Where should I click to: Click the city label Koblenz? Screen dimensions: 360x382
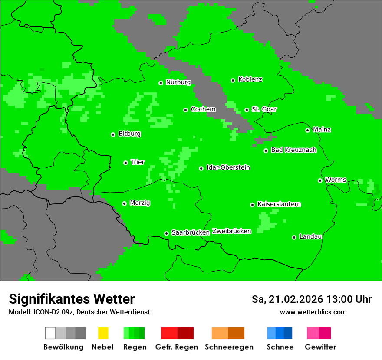[250, 80]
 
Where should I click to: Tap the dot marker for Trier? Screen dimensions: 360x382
[125, 163]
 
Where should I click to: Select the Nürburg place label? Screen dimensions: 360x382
[178, 82]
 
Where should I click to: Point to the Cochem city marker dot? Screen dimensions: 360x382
[185, 110]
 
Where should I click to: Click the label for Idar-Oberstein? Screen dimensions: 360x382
[228, 168]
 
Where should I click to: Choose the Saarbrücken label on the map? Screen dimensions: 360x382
[191, 232]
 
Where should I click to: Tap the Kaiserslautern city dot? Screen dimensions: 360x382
[252, 205]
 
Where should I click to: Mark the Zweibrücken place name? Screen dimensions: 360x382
[231, 231]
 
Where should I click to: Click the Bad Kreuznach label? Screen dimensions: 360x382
[293, 150]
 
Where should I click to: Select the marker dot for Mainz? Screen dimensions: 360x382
[307, 130]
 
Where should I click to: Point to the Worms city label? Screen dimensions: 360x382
[336, 180]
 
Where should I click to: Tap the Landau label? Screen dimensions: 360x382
[310, 237]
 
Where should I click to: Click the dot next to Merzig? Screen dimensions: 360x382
[124, 203]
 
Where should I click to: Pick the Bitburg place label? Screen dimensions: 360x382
[129, 134]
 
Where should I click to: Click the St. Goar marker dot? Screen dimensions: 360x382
[247, 110]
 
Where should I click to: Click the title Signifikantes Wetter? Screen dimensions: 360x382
[72, 299]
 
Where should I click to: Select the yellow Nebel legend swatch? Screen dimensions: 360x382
[103, 333]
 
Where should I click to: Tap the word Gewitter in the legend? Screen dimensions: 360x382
[320, 347]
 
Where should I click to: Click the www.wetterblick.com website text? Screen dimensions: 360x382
[313, 312]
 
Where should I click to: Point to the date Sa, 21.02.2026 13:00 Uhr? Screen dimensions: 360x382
[311, 299]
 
